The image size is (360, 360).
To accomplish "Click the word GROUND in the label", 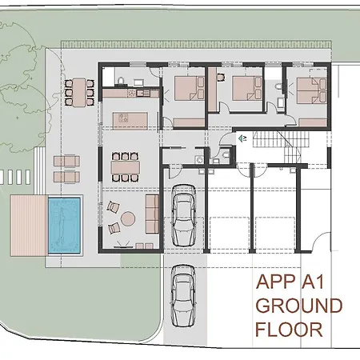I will (298, 306).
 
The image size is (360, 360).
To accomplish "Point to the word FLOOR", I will (289, 329).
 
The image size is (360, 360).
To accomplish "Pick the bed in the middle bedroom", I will (242, 86).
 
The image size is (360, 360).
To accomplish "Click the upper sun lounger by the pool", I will (66, 161).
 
